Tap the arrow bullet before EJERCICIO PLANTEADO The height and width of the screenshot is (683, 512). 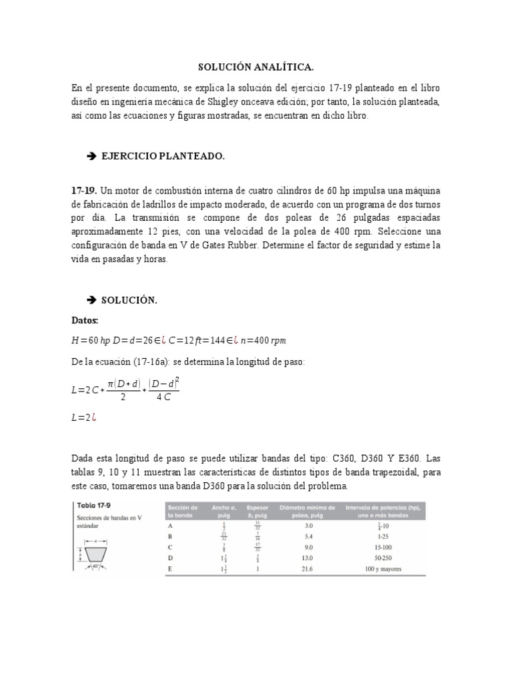pos(91,156)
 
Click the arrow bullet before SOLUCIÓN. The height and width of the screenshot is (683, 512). pos(91,301)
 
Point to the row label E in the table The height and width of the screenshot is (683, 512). pos(171,569)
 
